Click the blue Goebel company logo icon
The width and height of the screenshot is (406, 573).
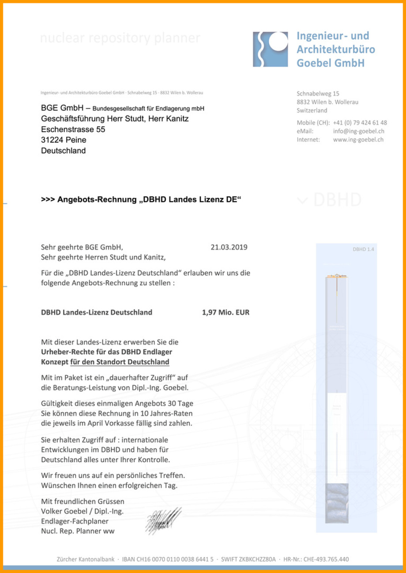[270, 49]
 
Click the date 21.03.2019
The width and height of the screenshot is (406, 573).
[229, 247]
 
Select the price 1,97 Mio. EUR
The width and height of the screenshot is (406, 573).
[226, 312]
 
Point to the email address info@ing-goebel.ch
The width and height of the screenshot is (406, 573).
[358, 131]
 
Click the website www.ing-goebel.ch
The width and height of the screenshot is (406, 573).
[358, 140]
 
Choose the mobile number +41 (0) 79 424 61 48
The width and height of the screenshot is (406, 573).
[360, 122]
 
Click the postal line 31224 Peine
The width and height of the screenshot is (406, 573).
[64, 140]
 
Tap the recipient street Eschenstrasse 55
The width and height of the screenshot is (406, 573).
[73, 129]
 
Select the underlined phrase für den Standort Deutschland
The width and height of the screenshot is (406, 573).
[120, 362]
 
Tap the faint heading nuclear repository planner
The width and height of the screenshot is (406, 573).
[120, 38]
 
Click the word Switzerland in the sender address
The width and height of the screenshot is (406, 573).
[312, 110]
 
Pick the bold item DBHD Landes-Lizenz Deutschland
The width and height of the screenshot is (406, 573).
[96, 312]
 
